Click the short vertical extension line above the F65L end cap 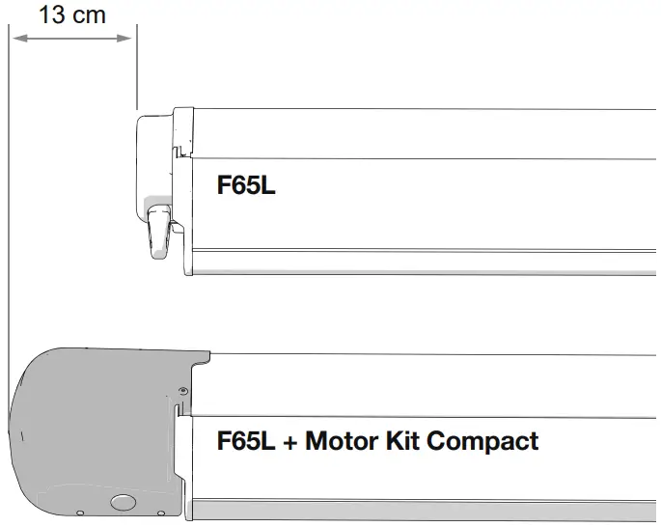(x=137, y=68)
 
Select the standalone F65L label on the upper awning (x=246, y=186)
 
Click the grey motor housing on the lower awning (x=87, y=425)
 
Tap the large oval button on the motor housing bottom (x=124, y=502)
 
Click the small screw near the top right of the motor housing (x=181, y=391)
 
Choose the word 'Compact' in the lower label (x=482, y=442)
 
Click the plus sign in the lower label (x=290, y=443)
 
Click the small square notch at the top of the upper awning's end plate (x=178, y=151)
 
